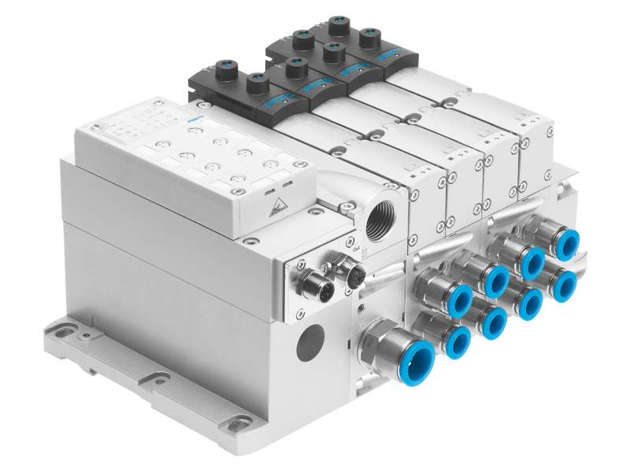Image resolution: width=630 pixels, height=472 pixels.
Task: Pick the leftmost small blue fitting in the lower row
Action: (x=457, y=340)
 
